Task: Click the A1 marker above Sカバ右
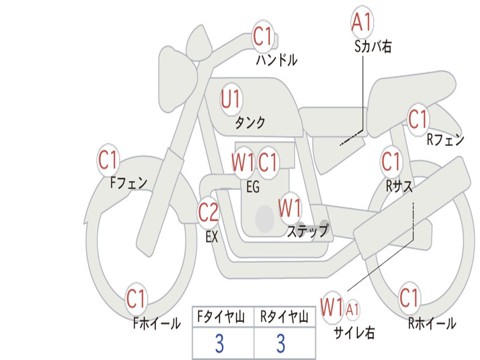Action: (362, 22)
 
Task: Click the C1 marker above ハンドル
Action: (262, 36)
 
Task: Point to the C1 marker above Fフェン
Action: (108, 159)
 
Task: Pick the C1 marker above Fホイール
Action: (135, 299)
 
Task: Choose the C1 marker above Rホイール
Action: (409, 297)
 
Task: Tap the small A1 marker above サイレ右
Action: (352, 310)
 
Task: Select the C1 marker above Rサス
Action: (391, 161)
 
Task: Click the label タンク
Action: (250, 123)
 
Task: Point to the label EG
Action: (253, 187)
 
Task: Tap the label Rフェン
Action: (445, 140)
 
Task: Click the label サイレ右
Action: (354, 332)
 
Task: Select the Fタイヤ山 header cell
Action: (223, 317)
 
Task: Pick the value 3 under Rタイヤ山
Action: (281, 343)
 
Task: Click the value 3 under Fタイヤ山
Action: (219, 343)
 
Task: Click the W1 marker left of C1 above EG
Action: (243, 162)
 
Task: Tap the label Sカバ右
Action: (373, 46)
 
